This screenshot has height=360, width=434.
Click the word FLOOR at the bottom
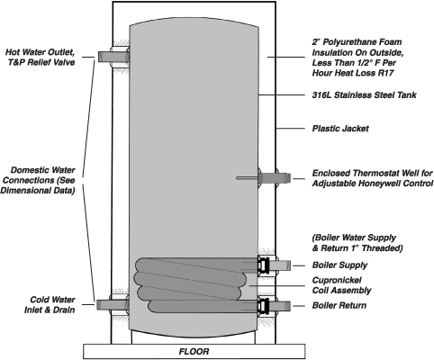[x=194, y=351]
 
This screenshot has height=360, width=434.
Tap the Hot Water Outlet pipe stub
[x=113, y=57]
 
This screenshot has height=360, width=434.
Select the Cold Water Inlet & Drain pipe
[x=113, y=305]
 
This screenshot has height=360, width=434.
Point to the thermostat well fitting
[x=274, y=178]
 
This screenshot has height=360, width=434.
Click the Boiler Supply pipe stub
[x=280, y=265]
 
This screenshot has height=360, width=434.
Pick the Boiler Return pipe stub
[x=280, y=306]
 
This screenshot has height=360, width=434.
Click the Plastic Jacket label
[x=340, y=129]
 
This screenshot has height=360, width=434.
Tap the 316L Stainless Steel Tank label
[x=364, y=95]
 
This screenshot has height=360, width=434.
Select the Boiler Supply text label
[x=339, y=265]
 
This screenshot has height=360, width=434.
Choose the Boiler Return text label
[x=339, y=305]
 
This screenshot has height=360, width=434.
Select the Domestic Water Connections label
[x=38, y=180]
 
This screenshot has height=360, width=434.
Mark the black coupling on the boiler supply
[x=263, y=265]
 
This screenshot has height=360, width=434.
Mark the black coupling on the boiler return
[x=263, y=306]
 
